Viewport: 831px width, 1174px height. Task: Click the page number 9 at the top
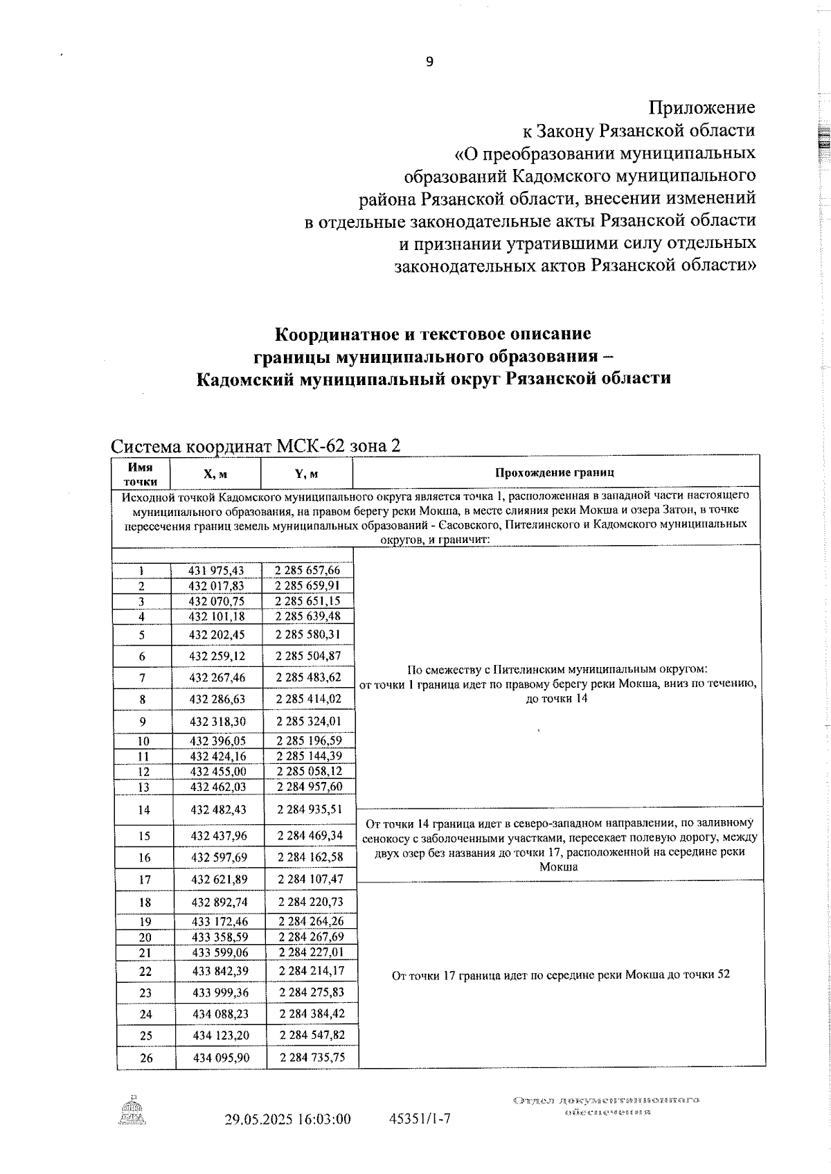pyautogui.click(x=429, y=62)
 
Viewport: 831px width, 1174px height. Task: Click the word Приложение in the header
pyautogui.click(x=702, y=107)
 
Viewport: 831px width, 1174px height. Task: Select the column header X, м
pyautogui.click(x=215, y=474)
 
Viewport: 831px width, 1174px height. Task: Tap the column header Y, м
pyautogui.click(x=306, y=474)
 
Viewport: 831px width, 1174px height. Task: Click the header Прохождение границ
pyautogui.click(x=555, y=473)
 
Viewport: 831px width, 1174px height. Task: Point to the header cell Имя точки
pyautogui.click(x=141, y=474)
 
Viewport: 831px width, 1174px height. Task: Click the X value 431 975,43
pyautogui.click(x=216, y=571)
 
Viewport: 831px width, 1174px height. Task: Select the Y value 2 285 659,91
pyautogui.click(x=307, y=586)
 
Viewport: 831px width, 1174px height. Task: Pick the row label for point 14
pyautogui.click(x=143, y=810)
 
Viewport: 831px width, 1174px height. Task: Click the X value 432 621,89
pyautogui.click(x=219, y=880)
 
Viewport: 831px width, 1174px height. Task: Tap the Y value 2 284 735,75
pyautogui.click(x=312, y=1058)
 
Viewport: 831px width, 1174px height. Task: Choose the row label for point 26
pyautogui.click(x=145, y=1058)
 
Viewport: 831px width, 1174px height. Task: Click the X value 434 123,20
pyautogui.click(x=220, y=1035)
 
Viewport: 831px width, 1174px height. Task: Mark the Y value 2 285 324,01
pyautogui.click(x=309, y=721)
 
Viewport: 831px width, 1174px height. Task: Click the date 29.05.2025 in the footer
pyautogui.click(x=256, y=1119)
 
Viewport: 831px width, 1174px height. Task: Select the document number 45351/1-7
pyautogui.click(x=420, y=1119)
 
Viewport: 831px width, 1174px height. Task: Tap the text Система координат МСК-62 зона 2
pyautogui.click(x=256, y=446)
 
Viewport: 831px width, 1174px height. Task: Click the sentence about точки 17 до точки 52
pyautogui.click(x=560, y=975)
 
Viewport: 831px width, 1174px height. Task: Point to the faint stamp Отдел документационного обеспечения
pyautogui.click(x=607, y=1105)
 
